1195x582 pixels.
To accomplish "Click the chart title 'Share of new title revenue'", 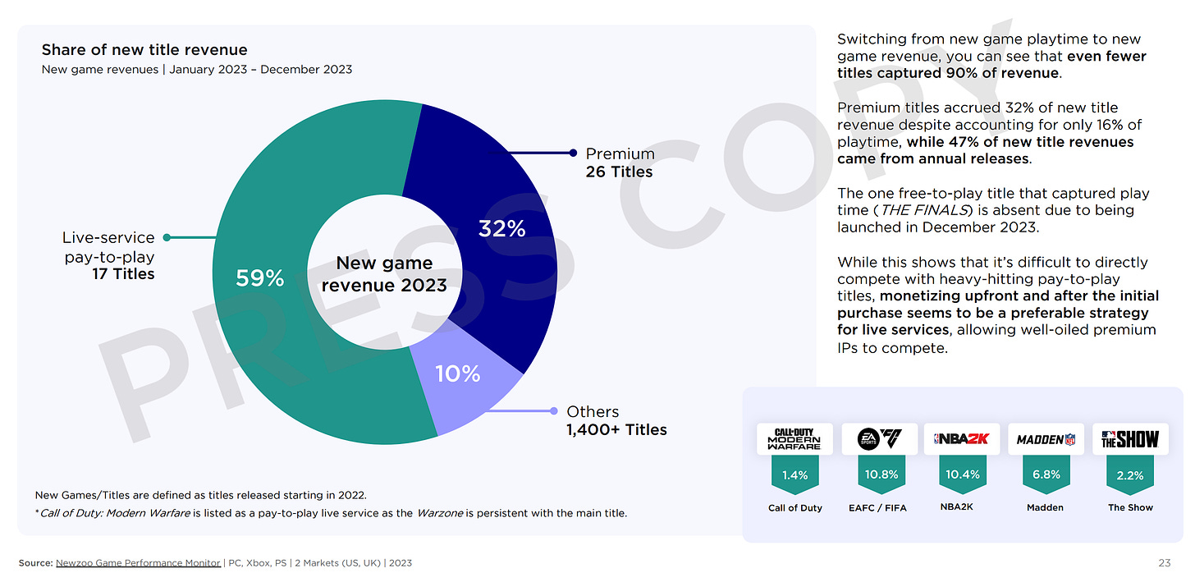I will (x=144, y=50).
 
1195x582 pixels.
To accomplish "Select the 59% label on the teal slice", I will (x=259, y=278).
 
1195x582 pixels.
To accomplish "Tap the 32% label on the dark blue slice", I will (x=501, y=228).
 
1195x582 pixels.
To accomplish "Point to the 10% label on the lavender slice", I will (x=457, y=373).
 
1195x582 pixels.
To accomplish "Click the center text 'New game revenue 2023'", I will (x=384, y=274).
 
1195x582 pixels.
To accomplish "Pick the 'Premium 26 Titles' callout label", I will (x=620, y=163).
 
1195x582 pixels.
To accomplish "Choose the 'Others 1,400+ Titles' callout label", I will (x=616, y=420).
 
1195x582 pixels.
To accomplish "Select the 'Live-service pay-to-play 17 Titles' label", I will (x=108, y=255).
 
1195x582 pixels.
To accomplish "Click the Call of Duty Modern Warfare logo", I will (x=794, y=439).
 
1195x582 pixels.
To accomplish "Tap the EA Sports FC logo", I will (x=879, y=439).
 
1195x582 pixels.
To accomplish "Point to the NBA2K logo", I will (x=962, y=439).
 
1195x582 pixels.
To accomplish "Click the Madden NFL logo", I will (x=1046, y=439).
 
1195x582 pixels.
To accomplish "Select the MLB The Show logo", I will (x=1130, y=439).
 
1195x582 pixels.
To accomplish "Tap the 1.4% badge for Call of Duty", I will (x=794, y=474).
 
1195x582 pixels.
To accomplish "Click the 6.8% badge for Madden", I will (x=1046, y=474).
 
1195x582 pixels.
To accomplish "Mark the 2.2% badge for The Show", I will (x=1130, y=474).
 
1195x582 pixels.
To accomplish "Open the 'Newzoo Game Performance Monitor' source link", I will (x=138, y=563).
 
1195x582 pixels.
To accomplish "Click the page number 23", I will (x=1164, y=563).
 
